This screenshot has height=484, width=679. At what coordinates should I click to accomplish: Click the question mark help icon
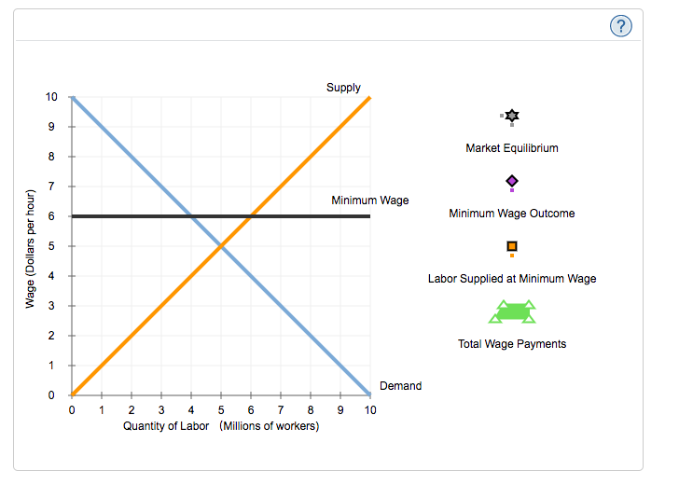[620, 26]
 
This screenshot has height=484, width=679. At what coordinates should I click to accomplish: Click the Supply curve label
[343, 88]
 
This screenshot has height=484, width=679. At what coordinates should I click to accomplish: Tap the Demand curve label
[400, 386]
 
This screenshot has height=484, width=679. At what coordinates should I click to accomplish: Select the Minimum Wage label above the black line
[369, 201]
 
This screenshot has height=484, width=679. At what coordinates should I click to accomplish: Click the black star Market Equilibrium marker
[511, 116]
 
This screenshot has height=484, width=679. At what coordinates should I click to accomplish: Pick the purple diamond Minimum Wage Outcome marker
[511, 181]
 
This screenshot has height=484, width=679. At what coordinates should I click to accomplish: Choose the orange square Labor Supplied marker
[511, 246]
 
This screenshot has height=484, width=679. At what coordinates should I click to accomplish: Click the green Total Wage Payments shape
[512, 311]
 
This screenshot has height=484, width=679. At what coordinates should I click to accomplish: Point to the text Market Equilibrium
[511, 148]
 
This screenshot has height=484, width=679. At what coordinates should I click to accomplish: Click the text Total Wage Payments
[511, 344]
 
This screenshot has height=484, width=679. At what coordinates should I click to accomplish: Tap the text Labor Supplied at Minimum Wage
[511, 279]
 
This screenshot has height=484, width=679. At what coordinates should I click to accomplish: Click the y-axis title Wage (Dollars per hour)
[30, 248]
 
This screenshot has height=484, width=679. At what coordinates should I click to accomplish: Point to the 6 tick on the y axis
[52, 216]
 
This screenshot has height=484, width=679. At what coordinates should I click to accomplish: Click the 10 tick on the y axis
[50, 97]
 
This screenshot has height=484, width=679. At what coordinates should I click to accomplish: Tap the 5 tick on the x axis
[221, 409]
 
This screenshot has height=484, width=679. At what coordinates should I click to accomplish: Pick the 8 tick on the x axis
[311, 409]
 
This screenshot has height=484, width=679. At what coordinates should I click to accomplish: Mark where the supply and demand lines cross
[221, 246]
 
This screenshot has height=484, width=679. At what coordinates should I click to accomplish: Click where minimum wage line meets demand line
[191, 216]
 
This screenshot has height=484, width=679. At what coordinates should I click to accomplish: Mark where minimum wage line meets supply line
[251, 216]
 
